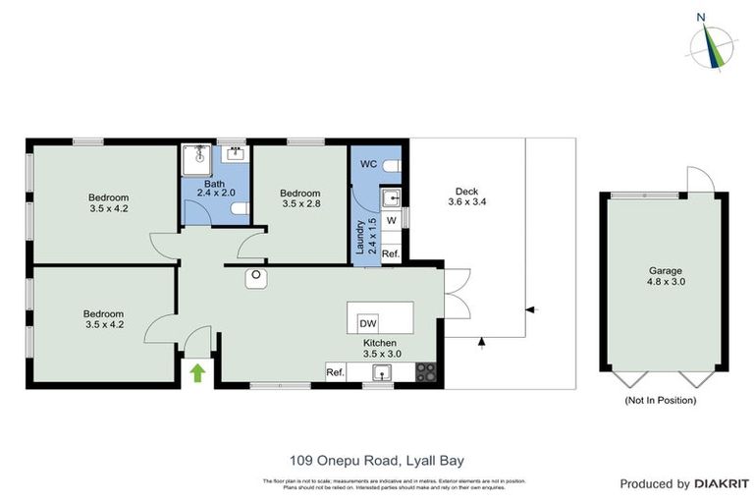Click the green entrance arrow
(197, 372)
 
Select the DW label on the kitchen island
(368, 323)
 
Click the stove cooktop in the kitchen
(427, 371)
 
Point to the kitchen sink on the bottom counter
(382, 371)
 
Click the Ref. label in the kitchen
(335, 371)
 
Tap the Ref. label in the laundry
(390, 253)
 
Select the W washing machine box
(391, 220)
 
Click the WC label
(369, 163)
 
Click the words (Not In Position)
(661, 400)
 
